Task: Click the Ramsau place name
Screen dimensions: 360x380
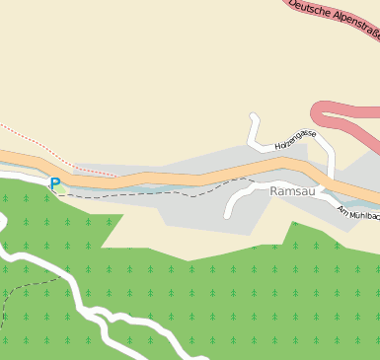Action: point(292,191)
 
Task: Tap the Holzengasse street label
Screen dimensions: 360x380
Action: point(295,139)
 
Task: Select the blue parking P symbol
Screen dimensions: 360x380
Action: point(55,182)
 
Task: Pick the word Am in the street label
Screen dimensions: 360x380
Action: point(343,210)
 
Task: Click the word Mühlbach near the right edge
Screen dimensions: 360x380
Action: point(365,215)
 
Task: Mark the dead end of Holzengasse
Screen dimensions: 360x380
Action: point(254,117)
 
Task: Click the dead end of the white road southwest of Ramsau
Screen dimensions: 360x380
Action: point(228,215)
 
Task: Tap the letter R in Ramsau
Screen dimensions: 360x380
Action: point(274,191)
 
